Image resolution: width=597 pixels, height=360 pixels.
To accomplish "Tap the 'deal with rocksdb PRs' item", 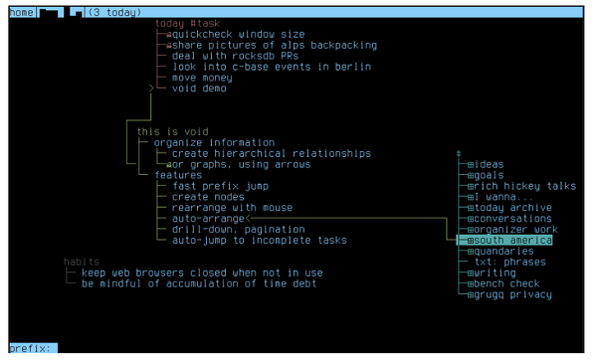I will pyautogui.click(x=236, y=56).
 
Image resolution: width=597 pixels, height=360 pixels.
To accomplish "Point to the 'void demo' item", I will pyautogui.click(x=198, y=89).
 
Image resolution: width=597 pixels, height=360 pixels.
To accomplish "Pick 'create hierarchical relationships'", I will pyautogui.click(x=271, y=153).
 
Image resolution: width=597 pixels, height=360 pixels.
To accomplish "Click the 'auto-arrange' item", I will pyautogui.click(x=207, y=219).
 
